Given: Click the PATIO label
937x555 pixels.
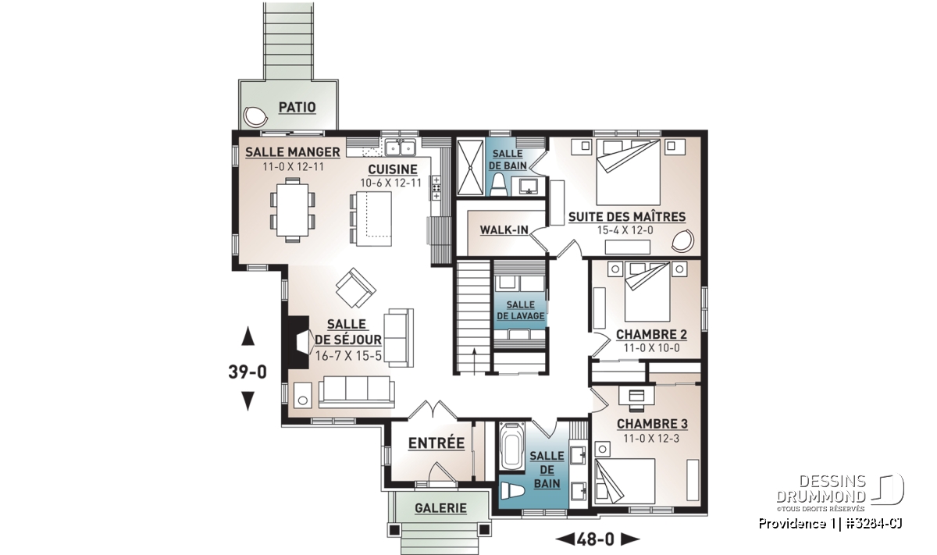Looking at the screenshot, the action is tap(297, 108).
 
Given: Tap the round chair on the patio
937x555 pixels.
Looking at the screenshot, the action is tap(255, 116).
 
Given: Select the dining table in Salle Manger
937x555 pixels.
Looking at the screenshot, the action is tap(292, 209).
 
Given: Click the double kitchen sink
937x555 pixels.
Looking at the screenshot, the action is tap(400, 148).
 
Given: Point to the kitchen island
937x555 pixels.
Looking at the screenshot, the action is tap(373, 219).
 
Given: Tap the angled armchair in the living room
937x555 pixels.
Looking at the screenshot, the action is tap(356, 288).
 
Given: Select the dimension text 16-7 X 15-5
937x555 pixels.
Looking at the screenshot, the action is tap(348, 355).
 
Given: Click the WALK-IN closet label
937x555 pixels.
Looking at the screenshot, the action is tap(504, 229).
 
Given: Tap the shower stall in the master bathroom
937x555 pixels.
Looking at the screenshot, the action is tap(470, 168).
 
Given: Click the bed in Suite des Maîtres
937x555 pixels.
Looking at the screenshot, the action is tap(628, 173).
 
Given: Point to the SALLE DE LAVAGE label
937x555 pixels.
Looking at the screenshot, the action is tap(520, 310).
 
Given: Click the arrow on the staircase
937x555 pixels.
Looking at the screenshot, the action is tap(474, 361).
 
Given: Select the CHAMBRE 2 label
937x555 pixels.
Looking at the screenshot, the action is tap(651, 335).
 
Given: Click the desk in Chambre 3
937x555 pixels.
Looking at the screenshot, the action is tap(636, 394).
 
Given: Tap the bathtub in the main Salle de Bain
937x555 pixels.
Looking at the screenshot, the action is tap(512, 446).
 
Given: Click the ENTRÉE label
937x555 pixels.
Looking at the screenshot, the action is tap(436, 443).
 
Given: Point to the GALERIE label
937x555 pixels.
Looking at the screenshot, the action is tap(440, 507).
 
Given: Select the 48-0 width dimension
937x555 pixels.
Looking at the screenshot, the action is tap(597, 539).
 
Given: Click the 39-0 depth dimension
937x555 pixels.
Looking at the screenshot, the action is tap(248, 372).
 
